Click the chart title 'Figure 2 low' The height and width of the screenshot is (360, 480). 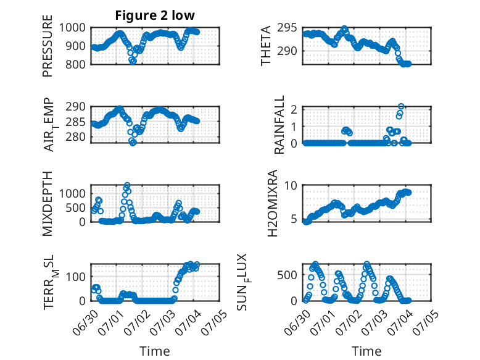(x=155, y=15)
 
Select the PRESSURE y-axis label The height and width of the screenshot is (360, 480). (x=48, y=46)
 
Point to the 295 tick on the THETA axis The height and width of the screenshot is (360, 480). (x=287, y=28)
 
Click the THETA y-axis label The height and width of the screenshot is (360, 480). (x=266, y=46)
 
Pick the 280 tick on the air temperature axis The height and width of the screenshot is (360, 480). (x=75, y=137)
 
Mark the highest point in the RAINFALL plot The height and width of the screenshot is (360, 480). (x=401, y=107)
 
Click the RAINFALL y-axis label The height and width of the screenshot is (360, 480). (x=279, y=125)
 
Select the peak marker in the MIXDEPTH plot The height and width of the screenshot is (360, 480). (x=127, y=185)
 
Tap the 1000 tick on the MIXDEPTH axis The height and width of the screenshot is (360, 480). (x=72, y=194)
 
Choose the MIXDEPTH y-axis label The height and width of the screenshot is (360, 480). (x=48, y=203)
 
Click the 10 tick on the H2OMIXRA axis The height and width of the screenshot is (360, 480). (x=291, y=185)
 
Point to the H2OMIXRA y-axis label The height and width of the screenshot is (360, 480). (x=272, y=203)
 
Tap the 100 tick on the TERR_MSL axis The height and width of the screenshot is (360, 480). (x=76, y=277)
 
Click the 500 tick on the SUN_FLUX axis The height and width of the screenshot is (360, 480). (x=287, y=275)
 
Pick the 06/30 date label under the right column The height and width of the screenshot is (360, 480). (x=297, y=322)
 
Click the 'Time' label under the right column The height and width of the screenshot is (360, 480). (x=366, y=351)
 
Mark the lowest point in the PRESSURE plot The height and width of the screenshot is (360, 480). (x=133, y=61)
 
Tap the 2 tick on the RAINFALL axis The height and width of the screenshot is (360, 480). (x=294, y=109)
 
